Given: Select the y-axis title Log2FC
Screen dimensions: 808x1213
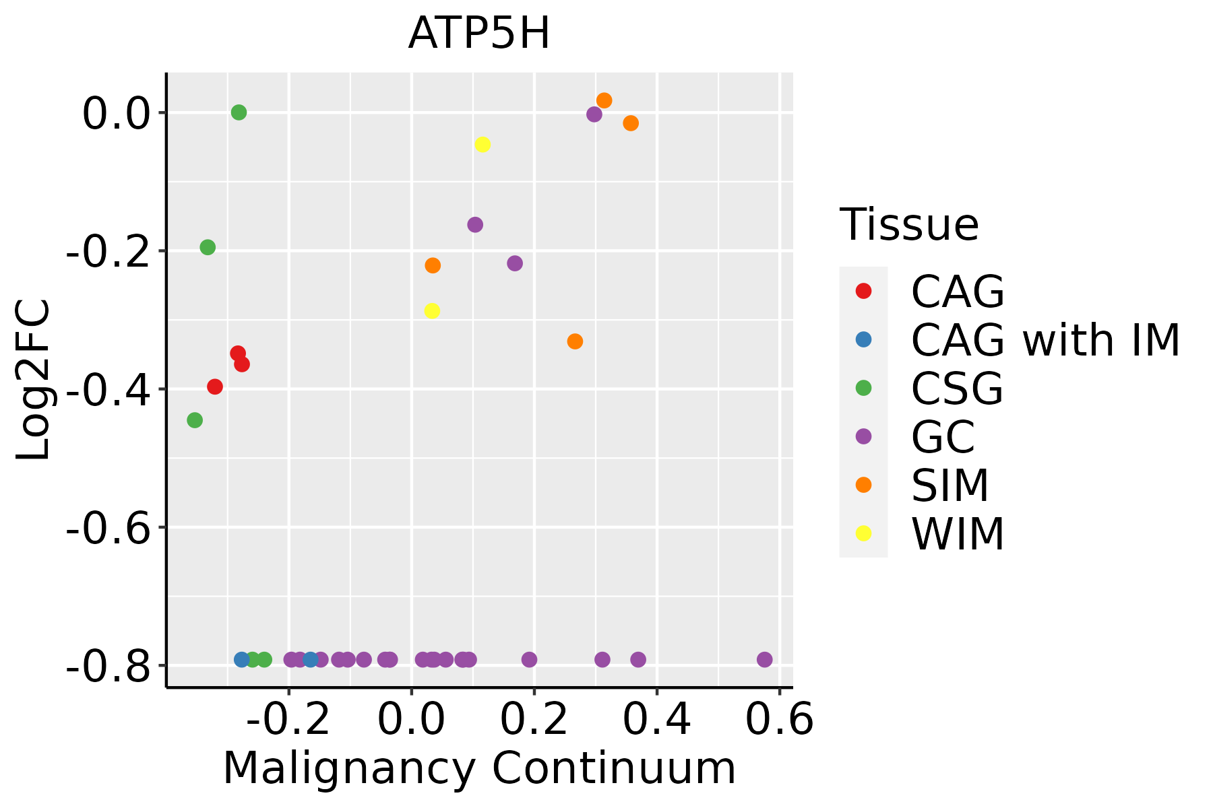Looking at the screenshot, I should (33, 380).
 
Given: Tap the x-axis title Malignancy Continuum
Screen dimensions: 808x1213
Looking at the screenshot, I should (479, 768).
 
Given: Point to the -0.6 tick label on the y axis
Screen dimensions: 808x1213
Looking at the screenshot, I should (107, 527).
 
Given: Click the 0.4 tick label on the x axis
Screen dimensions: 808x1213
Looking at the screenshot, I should (656, 720).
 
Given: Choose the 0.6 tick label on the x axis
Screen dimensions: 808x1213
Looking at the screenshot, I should (779, 720).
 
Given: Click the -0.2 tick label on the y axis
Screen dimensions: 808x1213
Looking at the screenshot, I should (107, 251).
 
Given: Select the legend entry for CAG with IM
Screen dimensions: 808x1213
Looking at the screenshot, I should (1045, 339).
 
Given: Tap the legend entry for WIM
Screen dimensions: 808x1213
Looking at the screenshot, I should (957, 534).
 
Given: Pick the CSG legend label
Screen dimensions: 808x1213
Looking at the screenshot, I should (957, 389).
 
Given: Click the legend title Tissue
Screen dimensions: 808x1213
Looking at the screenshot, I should (909, 225).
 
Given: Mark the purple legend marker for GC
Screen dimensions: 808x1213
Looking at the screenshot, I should (863, 436).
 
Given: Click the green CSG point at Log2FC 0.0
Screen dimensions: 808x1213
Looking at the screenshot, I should (239, 112).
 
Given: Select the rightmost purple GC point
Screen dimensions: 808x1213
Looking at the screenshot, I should (764, 659).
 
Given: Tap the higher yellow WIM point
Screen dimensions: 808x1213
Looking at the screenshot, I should (483, 145).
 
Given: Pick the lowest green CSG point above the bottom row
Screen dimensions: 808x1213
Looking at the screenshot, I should (195, 420).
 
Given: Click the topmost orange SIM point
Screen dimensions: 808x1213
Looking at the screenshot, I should (604, 100).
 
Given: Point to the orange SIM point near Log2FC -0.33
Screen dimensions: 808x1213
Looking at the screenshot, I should (575, 341).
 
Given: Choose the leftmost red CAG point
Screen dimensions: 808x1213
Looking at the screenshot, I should (215, 386).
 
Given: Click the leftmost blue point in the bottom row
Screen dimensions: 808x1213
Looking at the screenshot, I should (241, 659).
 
